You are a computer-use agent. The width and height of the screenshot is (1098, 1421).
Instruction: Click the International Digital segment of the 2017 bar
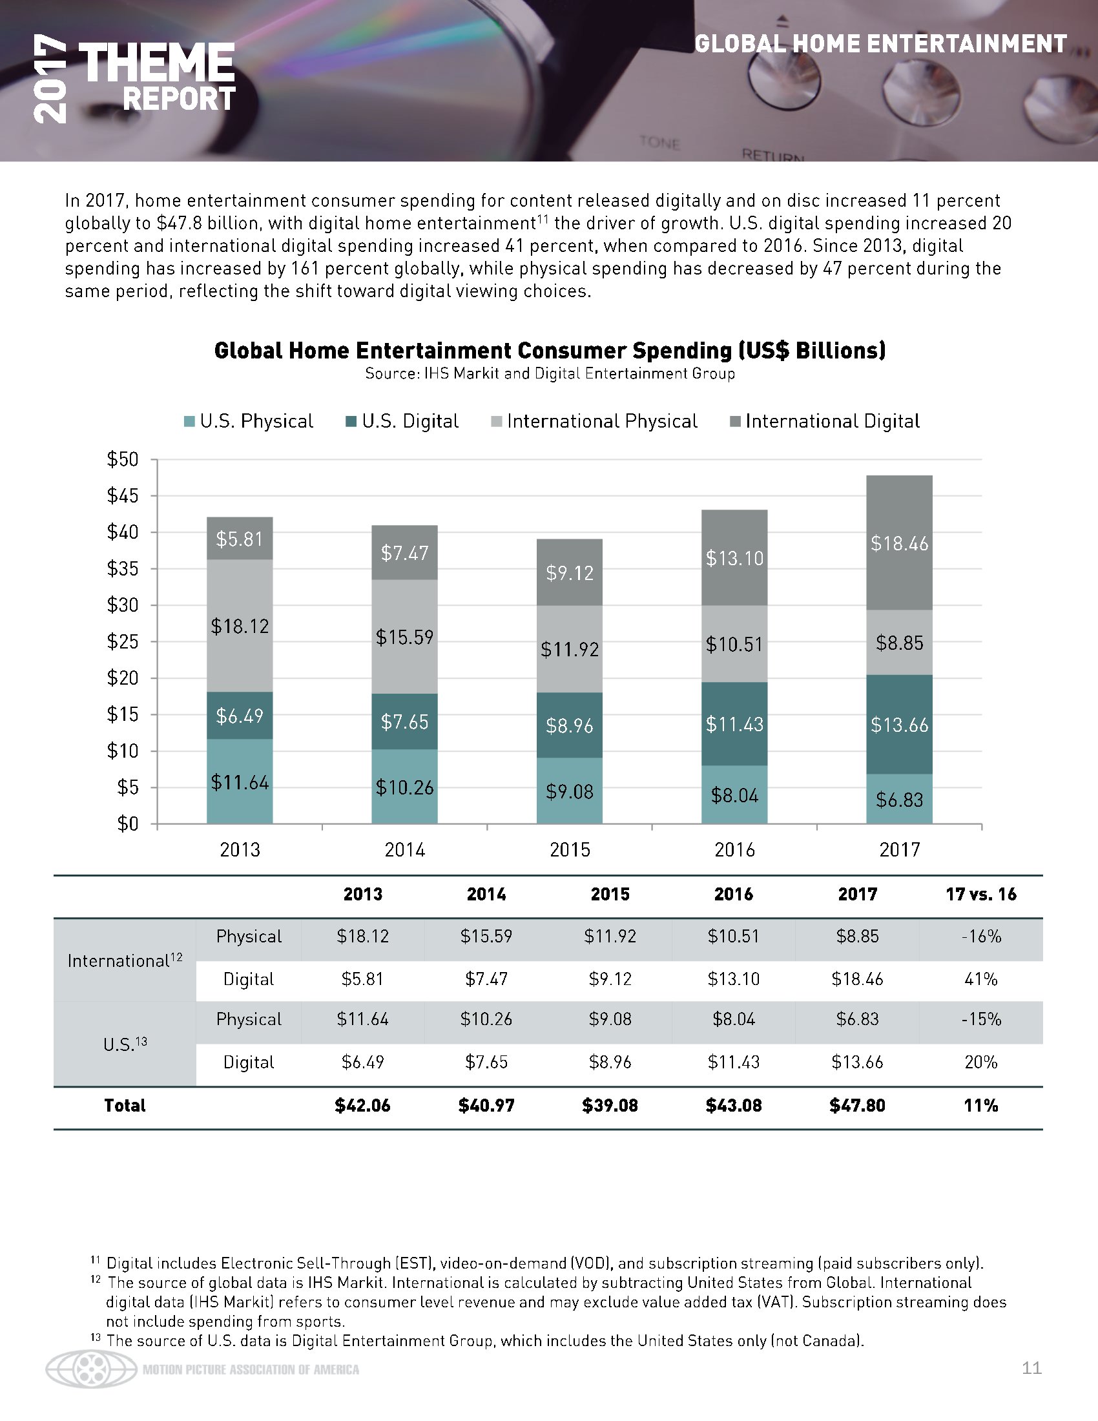tap(899, 543)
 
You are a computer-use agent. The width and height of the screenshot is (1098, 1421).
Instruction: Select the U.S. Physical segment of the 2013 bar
tap(240, 782)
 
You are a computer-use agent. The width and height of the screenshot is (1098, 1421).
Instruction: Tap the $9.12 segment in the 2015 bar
tap(569, 572)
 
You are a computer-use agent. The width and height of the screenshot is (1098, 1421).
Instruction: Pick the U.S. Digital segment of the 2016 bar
tap(734, 723)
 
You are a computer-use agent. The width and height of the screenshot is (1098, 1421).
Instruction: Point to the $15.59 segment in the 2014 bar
tap(404, 636)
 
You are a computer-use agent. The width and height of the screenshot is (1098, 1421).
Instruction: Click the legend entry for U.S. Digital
tap(402, 422)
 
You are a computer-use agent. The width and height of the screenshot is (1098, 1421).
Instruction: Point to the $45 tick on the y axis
tap(123, 496)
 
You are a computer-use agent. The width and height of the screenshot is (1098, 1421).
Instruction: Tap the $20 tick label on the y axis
tap(123, 678)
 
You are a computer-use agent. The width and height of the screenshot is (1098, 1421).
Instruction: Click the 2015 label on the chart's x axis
tap(570, 850)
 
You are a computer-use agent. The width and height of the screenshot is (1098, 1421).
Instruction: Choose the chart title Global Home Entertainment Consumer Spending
tap(550, 351)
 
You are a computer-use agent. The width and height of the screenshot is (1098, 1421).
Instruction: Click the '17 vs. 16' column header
tap(980, 894)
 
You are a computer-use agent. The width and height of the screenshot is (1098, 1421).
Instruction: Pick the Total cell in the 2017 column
tap(857, 1105)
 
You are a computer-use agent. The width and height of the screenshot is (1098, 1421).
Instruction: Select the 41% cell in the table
tap(980, 979)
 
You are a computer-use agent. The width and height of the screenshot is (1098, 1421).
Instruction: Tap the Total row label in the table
tap(125, 1105)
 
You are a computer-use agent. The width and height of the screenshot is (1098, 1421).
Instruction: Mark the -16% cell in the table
tap(980, 937)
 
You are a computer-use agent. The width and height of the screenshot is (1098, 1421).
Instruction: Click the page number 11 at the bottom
tap(1031, 1367)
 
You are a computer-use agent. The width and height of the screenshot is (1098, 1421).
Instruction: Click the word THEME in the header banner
tap(156, 63)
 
